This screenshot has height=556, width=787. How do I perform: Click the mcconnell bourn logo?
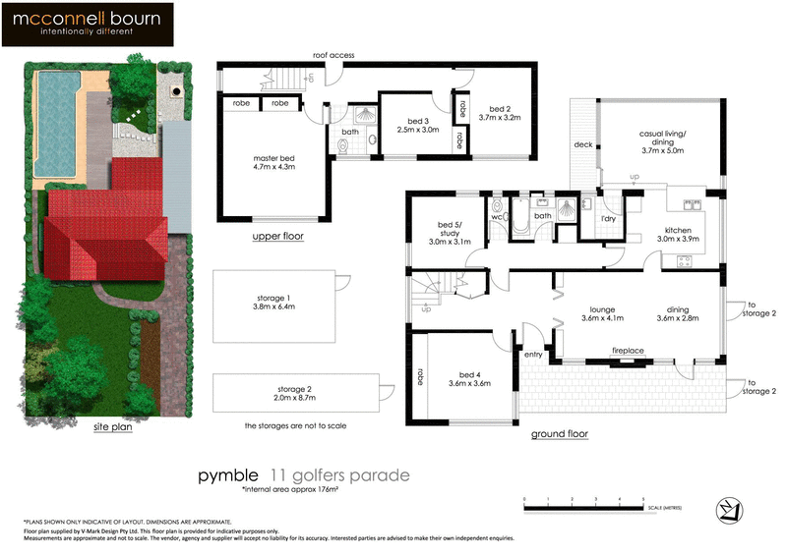(x=87, y=25)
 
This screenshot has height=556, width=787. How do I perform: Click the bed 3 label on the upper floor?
(x=417, y=122)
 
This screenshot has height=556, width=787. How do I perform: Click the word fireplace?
(x=628, y=350)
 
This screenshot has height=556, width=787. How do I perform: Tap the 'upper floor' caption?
(x=277, y=237)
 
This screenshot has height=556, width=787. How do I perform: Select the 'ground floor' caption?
(x=561, y=433)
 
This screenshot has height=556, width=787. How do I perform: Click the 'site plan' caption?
(x=113, y=427)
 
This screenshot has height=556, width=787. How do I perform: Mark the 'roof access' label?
(x=333, y=55)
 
